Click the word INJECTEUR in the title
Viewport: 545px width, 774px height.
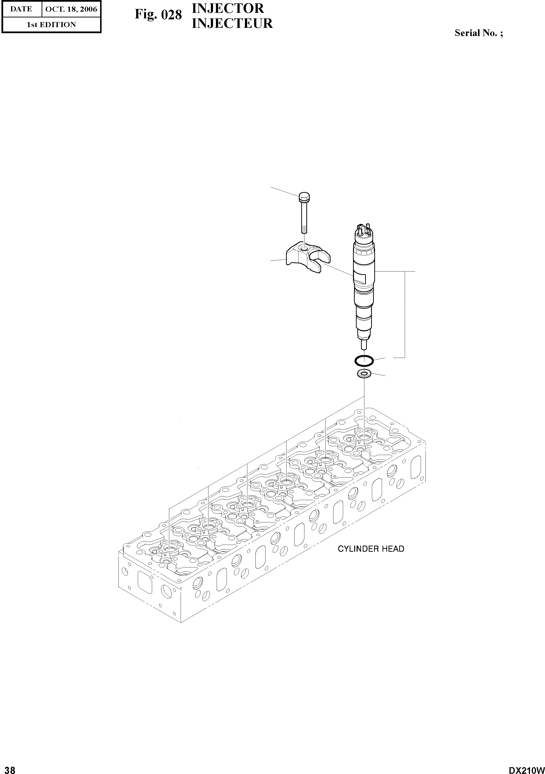[232, 23]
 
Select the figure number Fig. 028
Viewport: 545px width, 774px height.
[158, 15]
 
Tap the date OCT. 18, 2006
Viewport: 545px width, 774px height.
[71, 9]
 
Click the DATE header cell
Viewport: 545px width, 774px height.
[21, 9]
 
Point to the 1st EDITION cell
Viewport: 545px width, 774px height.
[51, 25]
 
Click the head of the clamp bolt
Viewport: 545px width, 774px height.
[304, 195]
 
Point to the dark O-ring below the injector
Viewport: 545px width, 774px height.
[364, 361]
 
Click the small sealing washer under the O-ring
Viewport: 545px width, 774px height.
[364, 373]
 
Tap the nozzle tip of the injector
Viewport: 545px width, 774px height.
[364, 345]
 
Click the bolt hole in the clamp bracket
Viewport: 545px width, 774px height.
[304, 248]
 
